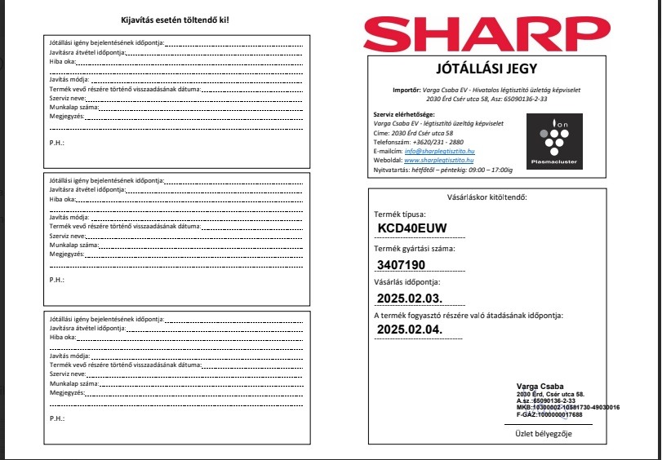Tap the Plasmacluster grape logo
click(x=553, y=140)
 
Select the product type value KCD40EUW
click(x=413, y=228)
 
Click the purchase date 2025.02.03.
click(x=409, y=298)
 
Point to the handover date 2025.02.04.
click(x=409, y=330)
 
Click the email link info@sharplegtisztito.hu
click(x=440, y=152)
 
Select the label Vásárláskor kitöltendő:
click(x=487, y=197)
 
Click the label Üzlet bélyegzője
click(x=543, y=433)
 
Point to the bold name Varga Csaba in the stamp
click(x=540, y=386)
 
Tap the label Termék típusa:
click(x=399, y=214)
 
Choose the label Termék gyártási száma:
click(x=414, y=249)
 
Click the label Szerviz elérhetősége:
click(x=403, y=113)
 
